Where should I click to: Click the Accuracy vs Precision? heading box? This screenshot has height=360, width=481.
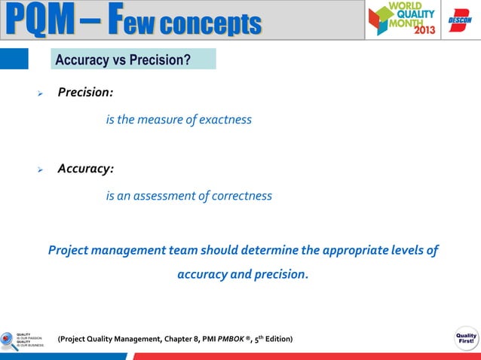[133, 59]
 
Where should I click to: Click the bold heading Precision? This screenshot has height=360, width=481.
[85, 93]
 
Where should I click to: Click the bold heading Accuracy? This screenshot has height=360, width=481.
[85, 169]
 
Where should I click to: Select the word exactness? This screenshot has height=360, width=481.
[225, 120]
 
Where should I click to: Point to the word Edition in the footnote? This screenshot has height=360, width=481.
[277, 340]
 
